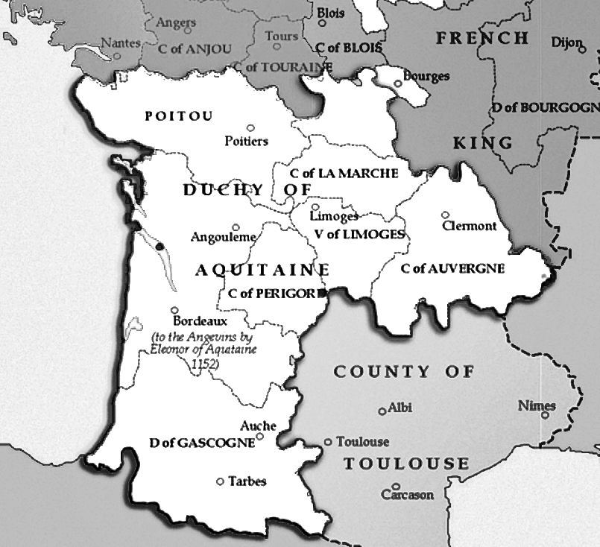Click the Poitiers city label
click(246, 141)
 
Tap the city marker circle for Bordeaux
click(174, 311)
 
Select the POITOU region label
click(179, 116)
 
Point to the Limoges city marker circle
click(315, 208)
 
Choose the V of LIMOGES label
click(359, 234)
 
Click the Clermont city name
click(469, 226)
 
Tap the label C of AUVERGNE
click(452, 268)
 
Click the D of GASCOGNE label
click(202, 443)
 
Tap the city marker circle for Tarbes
click(220, 481)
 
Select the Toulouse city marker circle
click(328, 442)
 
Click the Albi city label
click(400, 408)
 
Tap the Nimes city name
click(537, 406)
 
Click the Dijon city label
click(564, 42)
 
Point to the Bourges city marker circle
click(398, 83)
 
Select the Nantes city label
click(120, 43)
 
